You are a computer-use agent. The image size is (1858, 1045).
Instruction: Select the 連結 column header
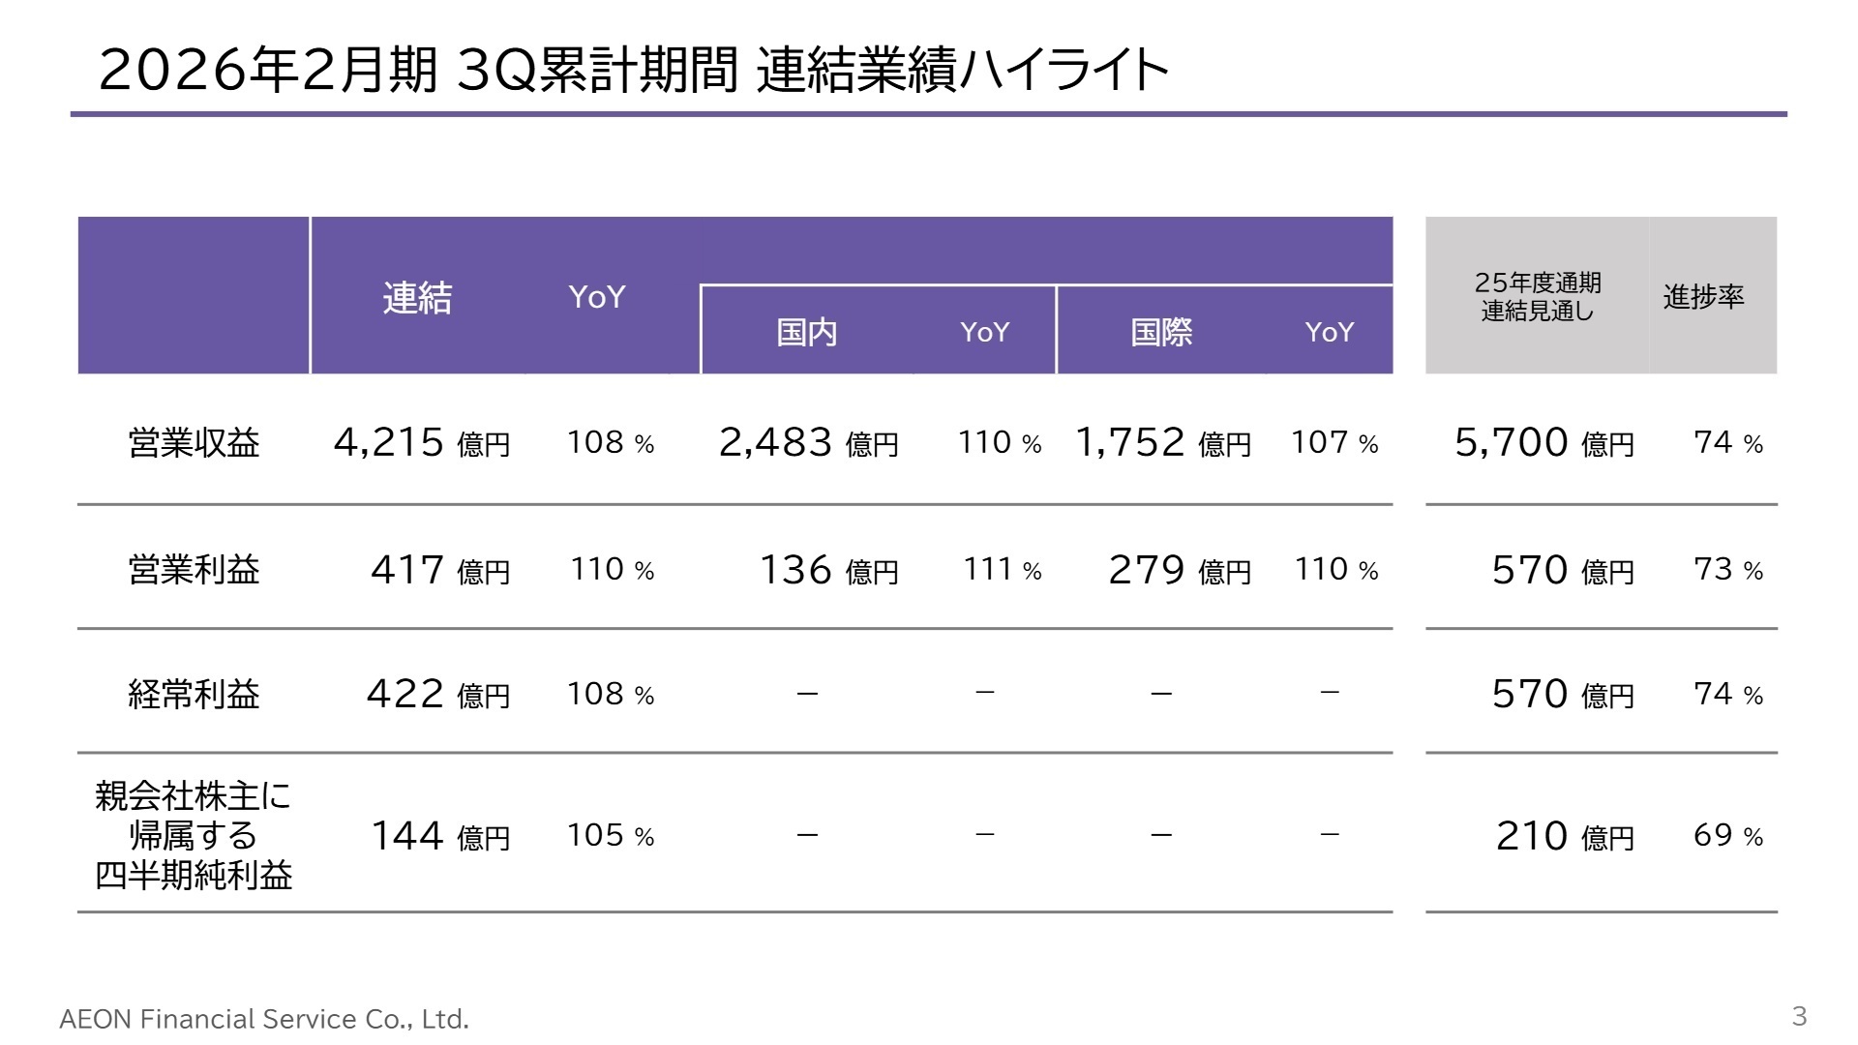417,297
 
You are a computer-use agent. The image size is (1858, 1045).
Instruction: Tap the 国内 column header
806,332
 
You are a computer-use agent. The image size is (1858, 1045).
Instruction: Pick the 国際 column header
1161,332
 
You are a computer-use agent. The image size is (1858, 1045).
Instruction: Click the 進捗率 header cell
1703,296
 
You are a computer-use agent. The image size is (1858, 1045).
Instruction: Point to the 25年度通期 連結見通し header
1537,296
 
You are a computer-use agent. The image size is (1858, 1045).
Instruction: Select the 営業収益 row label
194,442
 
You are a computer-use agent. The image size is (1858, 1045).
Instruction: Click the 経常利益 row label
194,694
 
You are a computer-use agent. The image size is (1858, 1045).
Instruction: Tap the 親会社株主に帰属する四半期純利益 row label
194,835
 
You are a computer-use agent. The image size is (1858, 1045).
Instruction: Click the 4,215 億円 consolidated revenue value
421,442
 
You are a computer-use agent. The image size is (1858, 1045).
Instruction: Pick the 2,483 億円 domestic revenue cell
808,442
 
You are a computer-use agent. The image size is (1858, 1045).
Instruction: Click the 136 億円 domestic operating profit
828,570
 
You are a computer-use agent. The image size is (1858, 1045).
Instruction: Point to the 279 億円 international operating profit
1180,570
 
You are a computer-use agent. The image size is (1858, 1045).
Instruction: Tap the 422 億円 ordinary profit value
437,694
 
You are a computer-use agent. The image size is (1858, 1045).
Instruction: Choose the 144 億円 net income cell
440,835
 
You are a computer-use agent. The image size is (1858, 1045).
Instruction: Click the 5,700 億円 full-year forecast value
1544,442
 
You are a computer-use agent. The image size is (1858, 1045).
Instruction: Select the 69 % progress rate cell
1728,835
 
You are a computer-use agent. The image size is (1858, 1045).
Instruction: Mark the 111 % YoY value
1003,569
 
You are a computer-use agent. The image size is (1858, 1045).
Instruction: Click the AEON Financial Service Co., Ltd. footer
264,1019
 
